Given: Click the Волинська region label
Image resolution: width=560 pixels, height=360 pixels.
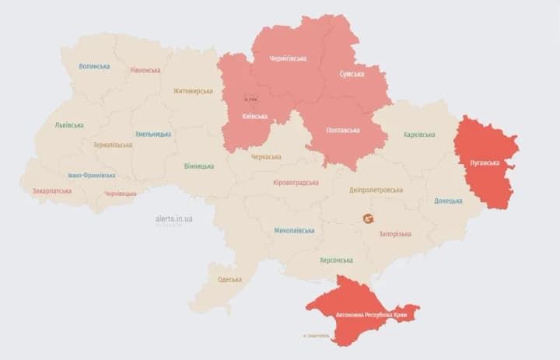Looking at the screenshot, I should (x=94, y=66).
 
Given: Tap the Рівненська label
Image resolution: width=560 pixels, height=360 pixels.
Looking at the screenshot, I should (x=145, y=70).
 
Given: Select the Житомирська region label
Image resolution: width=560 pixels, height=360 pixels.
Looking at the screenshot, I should (x=193, y=91).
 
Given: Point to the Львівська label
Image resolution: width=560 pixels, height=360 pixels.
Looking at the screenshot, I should (x=69, y=125).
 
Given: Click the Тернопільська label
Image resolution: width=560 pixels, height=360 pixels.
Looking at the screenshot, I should (x=113, y=145).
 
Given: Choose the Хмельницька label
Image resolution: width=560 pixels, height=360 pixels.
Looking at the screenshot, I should (x=152, y=134).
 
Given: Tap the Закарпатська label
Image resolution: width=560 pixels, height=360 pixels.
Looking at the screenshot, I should (x=51, y=190).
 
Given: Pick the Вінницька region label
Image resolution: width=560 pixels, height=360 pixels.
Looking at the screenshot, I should (x=199, y=166).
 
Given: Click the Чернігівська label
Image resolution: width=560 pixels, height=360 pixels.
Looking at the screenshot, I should (x=288, y=58).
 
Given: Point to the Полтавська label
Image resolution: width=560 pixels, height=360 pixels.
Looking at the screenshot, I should (x=343, y=130).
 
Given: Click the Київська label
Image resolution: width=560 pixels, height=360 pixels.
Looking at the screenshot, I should (x=254, y=117).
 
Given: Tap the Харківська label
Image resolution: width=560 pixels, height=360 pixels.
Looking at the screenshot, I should (x=419, y=135).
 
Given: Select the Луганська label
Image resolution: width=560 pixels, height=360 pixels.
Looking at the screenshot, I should (x=485, y=163).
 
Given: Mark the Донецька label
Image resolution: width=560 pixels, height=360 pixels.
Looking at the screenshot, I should (x=448, y=201).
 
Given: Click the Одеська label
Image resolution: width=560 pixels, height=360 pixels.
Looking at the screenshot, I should (x=229, y=279).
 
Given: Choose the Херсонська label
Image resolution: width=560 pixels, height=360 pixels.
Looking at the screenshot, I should (x=336, y=260).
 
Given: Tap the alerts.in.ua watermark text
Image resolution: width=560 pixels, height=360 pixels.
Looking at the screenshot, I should (x=174, y=219).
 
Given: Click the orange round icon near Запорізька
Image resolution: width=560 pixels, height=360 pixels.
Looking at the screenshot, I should (x=368, y=218).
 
